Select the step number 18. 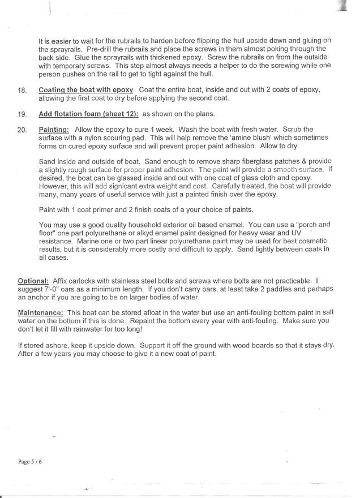tap(22, 91)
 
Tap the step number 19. tap(22, 114)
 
